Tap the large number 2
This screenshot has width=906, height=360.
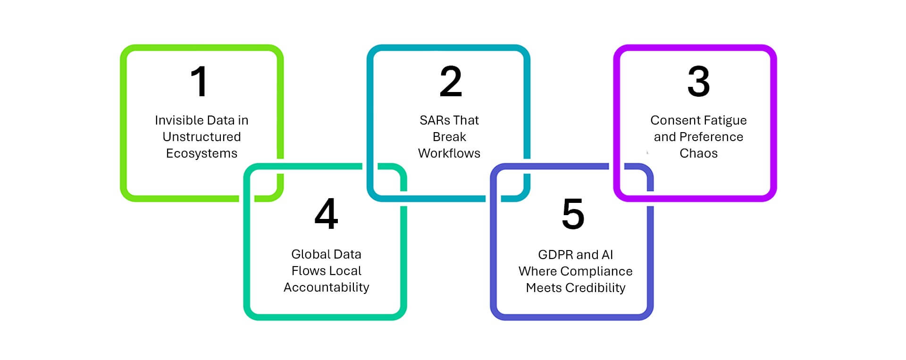click(451, 82)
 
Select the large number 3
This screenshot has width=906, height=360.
click(698, 82)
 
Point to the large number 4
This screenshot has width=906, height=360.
click(326, 214)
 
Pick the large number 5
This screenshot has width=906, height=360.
click(573, 214)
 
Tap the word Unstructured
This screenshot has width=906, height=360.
click(201, 137)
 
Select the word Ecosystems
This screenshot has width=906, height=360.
click(201, 154)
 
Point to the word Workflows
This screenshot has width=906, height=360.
click(449, 153)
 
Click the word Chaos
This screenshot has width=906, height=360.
click(698, 153)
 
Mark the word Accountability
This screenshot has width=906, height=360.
click(326, 288)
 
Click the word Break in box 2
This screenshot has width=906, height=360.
click(449, 137)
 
